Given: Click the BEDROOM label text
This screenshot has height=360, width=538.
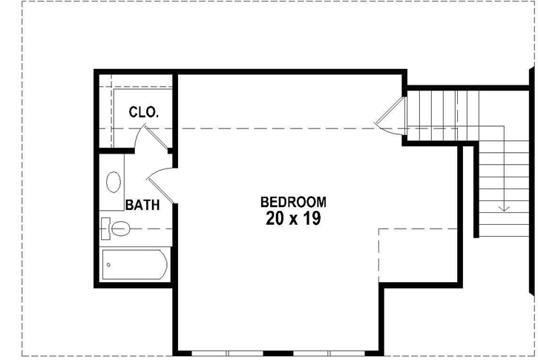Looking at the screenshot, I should coord(293,201).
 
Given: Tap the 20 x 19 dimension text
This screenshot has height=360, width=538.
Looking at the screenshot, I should coord(293,219).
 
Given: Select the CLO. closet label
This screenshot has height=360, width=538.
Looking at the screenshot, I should coord(143,112).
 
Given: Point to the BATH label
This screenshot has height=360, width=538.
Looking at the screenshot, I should coord(142,205).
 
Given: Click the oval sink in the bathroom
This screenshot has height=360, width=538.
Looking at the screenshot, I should coord(114,183).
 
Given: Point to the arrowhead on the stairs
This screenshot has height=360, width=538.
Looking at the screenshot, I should coord(504,207).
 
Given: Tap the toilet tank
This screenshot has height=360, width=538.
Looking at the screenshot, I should coord(105,228).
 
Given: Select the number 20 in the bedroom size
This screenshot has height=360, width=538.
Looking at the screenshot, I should coord(275,219).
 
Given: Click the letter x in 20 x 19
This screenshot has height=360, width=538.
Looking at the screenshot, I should coord(293,220).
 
